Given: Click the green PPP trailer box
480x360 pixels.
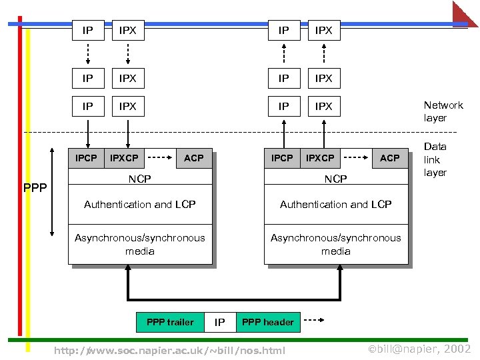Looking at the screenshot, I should coord(170,322).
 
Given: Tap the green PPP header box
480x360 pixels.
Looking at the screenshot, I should coord(267,322).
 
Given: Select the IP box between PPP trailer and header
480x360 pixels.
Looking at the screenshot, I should coord(219,323).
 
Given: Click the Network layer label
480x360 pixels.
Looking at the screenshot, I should coord(443,111).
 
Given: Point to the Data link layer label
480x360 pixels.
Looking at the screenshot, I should coord(435,159).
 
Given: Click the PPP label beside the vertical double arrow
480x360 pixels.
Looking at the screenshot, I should coord(35,188).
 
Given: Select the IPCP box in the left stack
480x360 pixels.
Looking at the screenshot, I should coord(86,158).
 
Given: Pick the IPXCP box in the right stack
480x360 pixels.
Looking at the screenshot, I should coord(320,158).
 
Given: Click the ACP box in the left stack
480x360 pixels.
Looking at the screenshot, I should coord(194,158).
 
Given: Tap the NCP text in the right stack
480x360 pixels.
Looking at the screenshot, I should coord(335,179).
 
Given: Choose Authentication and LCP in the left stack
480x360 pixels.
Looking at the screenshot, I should coord(140,205).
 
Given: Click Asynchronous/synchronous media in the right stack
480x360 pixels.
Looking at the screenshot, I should coord(335,245).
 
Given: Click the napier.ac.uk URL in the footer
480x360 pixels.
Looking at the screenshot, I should coord(169,350).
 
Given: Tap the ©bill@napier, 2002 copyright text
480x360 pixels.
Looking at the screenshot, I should coord(419,349).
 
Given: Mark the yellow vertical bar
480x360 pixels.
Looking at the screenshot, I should coord(28,187).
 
